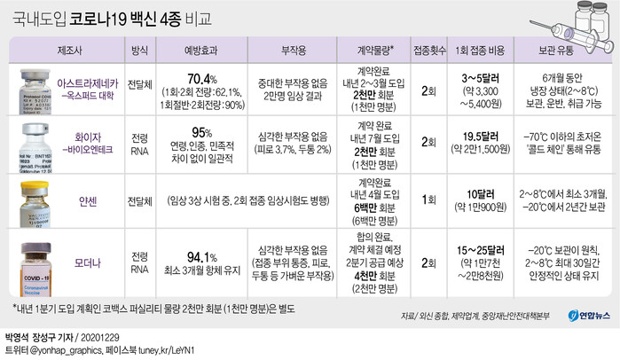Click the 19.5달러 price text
(x=484, y=136)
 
